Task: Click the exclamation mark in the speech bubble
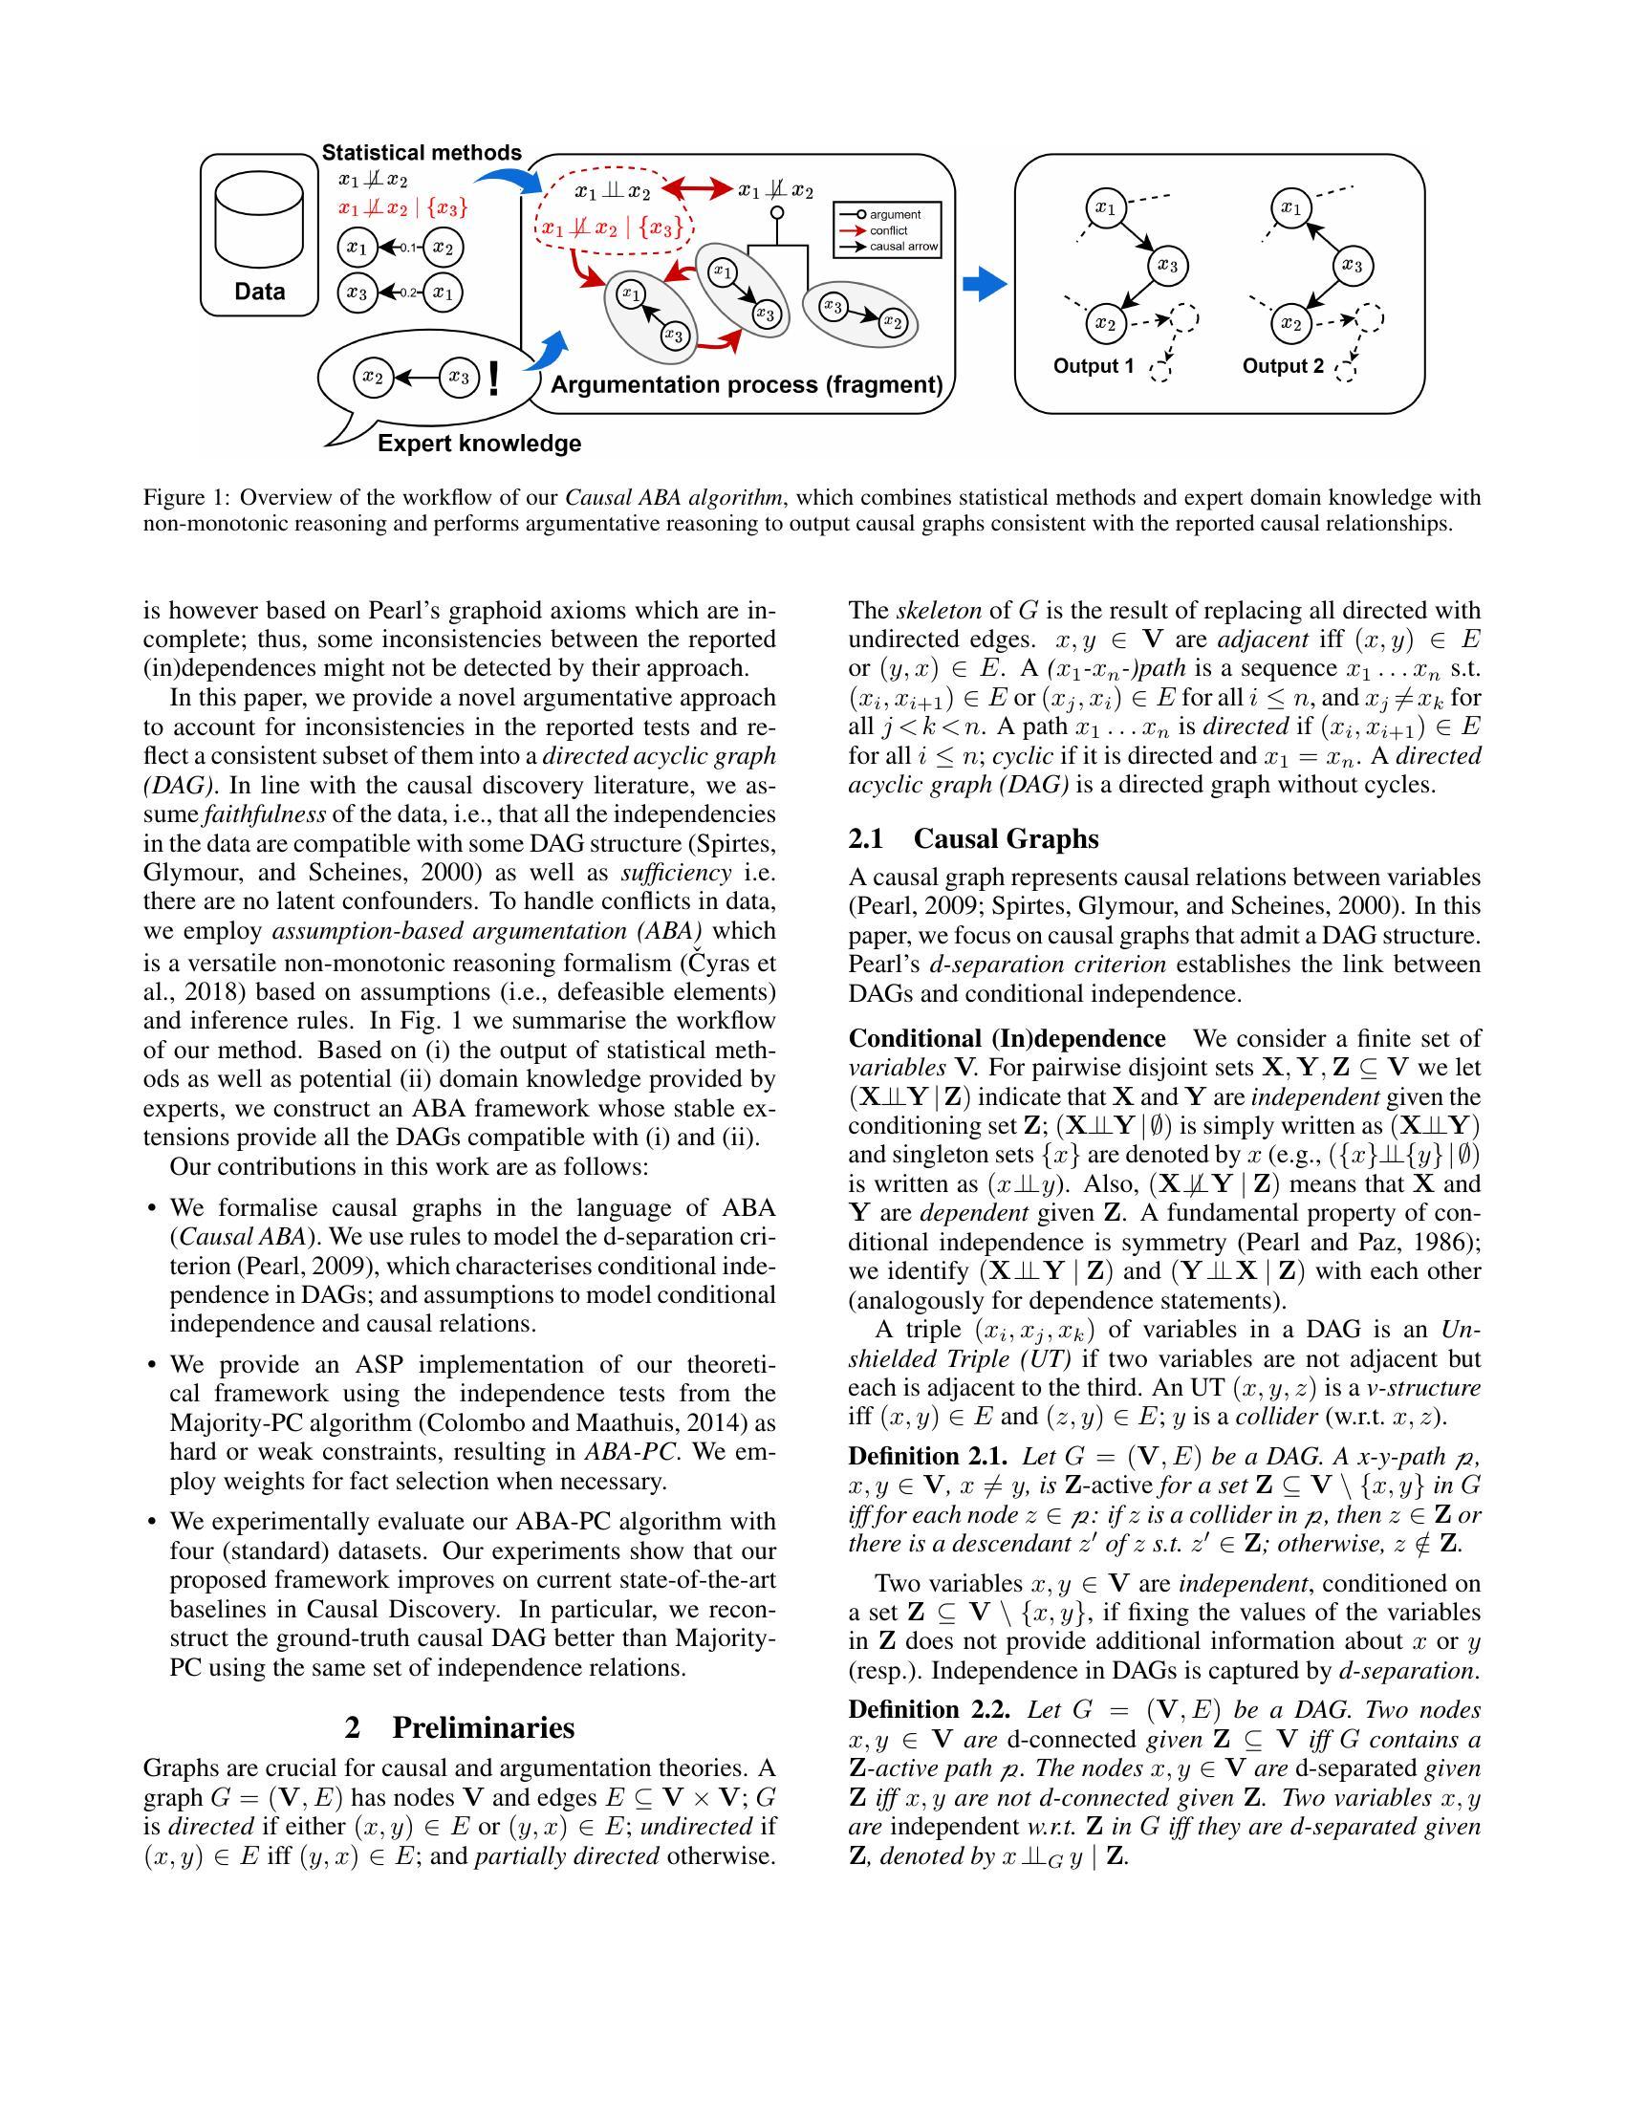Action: tap(495, 379)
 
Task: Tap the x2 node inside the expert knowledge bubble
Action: tap(373, 378)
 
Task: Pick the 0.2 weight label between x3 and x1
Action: tap(408, 293)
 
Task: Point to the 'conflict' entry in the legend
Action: tap(888, 230)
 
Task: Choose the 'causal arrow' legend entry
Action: tap(902, 247)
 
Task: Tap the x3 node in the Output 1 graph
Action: tap(1168, 265)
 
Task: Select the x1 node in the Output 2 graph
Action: tap(1290, 208)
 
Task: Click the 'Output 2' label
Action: tap(1282, 366)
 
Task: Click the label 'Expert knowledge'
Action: tap(480, 444)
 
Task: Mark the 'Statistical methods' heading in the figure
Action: tap(422, 152)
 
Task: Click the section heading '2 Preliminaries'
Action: tap(459, 1727)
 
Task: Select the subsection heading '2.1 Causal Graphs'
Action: tap(973, 838)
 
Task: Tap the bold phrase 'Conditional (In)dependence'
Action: tap(1006, 1039)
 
